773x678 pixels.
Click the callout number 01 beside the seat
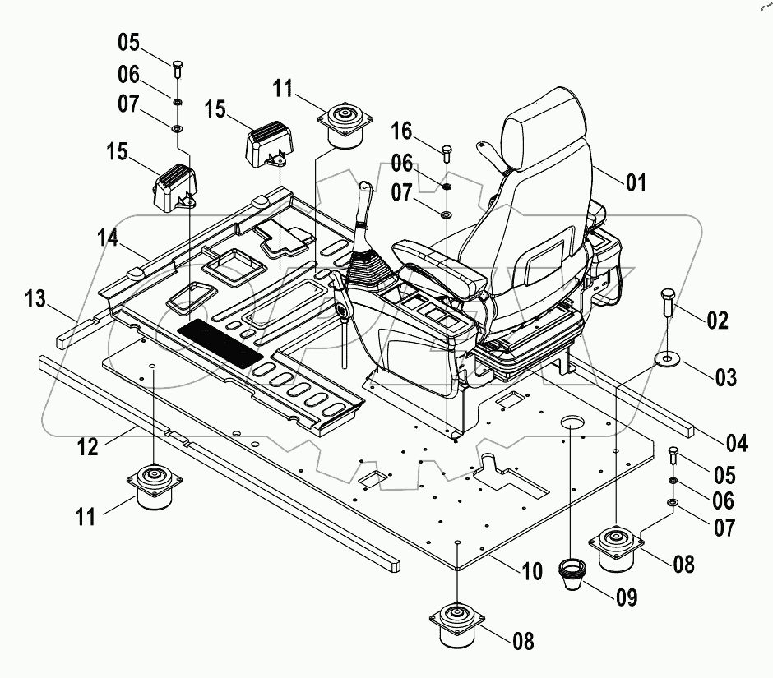point(636,182)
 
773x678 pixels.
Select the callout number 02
point(718,320)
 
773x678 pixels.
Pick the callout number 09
point(627,597)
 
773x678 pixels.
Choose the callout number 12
point(88,447)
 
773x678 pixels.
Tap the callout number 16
point(400,131)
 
